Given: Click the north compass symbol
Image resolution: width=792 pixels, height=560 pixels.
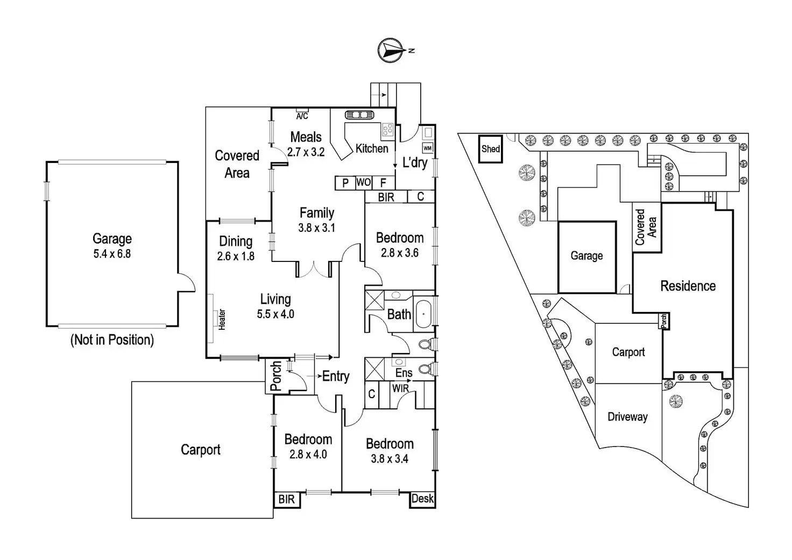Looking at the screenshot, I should click(392, 50).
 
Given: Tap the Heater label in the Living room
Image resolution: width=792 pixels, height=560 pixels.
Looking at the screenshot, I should click(222, 319).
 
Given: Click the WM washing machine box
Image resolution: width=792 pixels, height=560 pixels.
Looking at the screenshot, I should click(427, 148).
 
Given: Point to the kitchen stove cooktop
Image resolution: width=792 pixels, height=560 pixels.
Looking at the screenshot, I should click(387, 129).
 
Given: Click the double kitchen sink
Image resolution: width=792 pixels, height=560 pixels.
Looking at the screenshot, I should click(359, 115).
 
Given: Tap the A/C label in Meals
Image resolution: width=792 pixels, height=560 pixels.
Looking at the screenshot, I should click(302, 116).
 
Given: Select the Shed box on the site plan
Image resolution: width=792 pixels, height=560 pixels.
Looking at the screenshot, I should click(490, 149).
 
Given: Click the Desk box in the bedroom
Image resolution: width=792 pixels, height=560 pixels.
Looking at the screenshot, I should click(422, 499).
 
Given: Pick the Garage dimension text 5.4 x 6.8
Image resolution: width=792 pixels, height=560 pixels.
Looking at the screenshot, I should click(112, 254).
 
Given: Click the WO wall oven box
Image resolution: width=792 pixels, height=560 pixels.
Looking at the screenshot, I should click(363, 182).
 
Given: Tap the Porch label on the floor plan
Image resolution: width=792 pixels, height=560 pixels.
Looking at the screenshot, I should click(275, 375).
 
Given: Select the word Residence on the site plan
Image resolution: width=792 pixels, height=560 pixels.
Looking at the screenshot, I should click(688, 286).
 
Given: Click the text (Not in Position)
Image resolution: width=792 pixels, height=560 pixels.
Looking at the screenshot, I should click(112, 340).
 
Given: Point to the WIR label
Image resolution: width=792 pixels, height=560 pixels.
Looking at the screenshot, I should click(400, 388).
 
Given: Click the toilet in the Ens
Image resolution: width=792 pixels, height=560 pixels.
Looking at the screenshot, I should click(426, 369).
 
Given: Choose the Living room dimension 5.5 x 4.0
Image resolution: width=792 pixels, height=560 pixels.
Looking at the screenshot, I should click(275, 314).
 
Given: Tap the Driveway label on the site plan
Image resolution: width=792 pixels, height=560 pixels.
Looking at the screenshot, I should click(627, 416).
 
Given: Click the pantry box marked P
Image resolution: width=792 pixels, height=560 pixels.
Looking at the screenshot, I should click(345, 183).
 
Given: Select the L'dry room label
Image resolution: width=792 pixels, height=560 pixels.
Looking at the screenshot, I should click(415, 162).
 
